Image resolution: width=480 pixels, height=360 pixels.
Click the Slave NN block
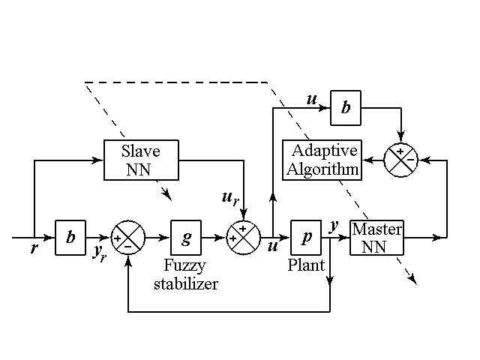141,159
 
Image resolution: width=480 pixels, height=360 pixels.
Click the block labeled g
187,238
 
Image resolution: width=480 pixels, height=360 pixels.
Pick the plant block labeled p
306,237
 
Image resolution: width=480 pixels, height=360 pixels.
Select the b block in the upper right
345,107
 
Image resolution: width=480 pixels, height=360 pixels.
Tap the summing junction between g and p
243,238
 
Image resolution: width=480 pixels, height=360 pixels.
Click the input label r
34,248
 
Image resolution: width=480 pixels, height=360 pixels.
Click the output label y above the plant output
334,224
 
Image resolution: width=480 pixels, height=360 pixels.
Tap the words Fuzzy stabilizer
185,274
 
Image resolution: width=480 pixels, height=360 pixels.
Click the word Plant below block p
306,265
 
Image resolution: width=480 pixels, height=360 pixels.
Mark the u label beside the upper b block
312,98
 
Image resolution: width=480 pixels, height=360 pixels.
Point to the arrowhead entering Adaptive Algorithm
367,159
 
